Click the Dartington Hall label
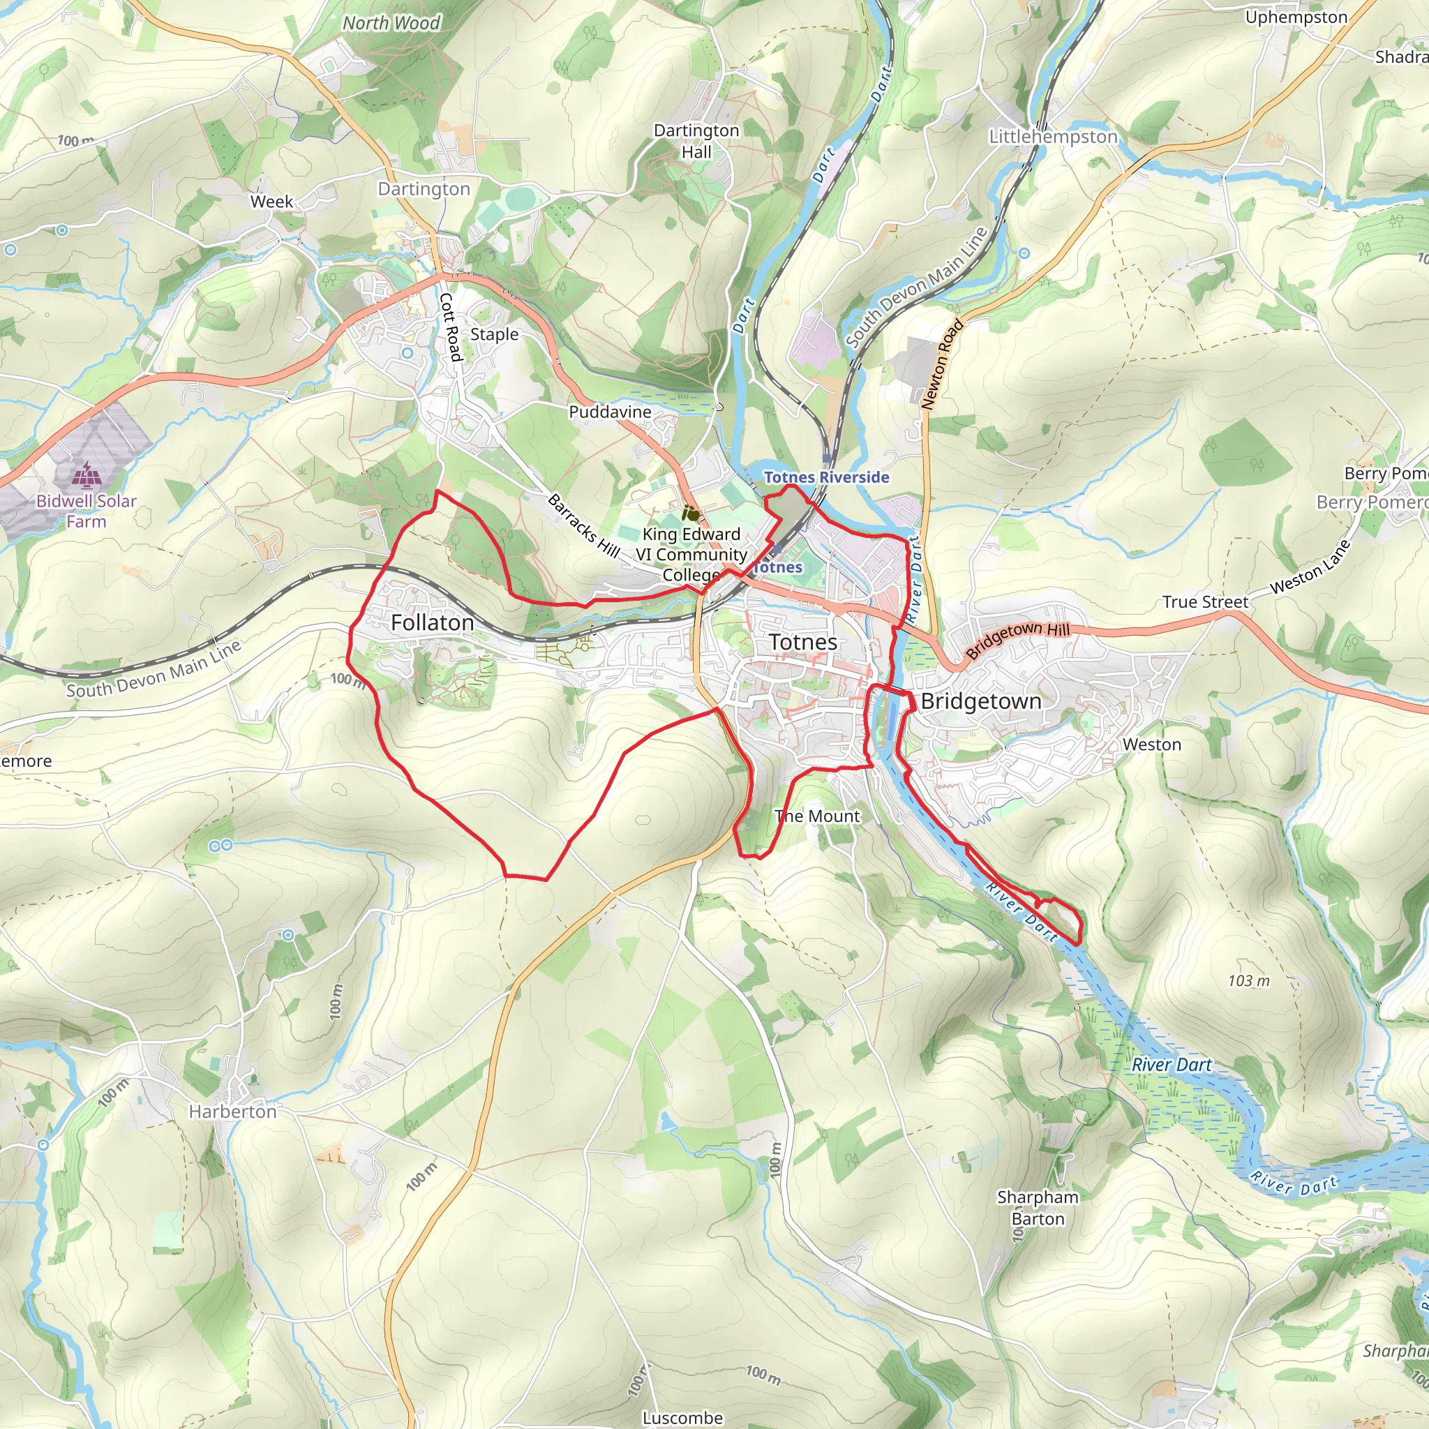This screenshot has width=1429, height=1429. (x=696, y=141)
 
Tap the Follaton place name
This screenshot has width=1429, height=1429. (x=432, y=623)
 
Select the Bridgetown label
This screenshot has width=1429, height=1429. (x=981, y=701)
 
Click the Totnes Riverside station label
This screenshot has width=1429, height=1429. (x=826, y=477)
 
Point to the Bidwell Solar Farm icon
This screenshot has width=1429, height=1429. (x=87, y=474)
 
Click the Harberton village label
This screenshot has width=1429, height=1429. (x=232, y=1112)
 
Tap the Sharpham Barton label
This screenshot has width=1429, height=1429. (x=1037, y=1208)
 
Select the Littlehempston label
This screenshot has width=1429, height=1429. (x=1052, y=137)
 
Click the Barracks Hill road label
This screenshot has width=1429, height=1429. (x=583, y=526)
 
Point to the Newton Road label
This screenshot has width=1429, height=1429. (x=942, y=365)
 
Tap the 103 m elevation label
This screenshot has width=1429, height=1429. (x=1248, y=981)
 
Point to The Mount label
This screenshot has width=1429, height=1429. (x=817, y=816)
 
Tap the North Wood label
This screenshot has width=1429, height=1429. (x=391, y=24)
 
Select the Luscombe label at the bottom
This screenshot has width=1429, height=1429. (x=682, y=1417)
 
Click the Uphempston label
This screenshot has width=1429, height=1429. (x=1296, y=17)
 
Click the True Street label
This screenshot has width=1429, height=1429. (x=1205, y=602)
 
